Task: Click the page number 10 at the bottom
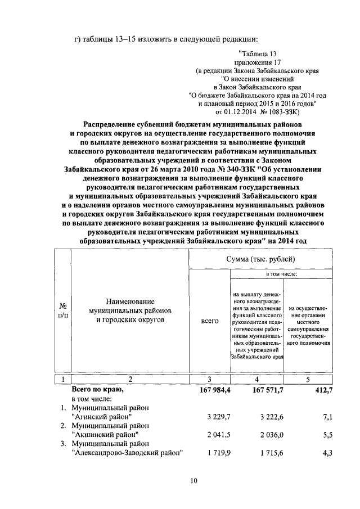tap(193, 480)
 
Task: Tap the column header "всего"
tap(209, 321)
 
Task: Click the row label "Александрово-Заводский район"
tap(128, 453)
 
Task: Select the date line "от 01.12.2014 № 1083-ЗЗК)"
tap(256, 111)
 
